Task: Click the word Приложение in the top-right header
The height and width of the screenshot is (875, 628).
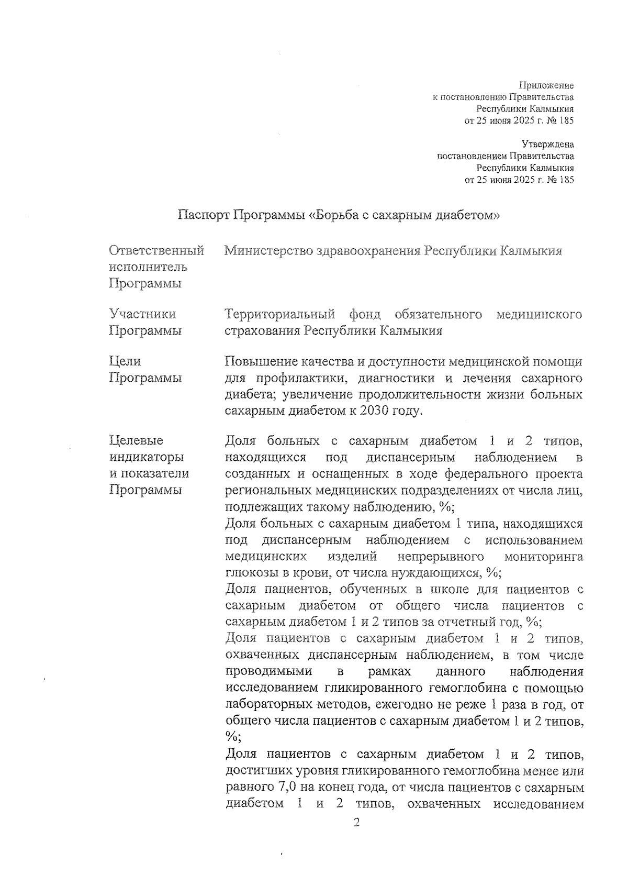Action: (546, 85)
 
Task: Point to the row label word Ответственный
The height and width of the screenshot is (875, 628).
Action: (156, 251)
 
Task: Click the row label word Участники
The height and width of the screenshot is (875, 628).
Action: (142, 314)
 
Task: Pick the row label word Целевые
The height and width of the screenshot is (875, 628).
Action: (136, 440)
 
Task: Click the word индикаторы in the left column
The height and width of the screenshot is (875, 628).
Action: (147, 457)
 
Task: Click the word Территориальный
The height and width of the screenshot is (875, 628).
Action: (279, 314)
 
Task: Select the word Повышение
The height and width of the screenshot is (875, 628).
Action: (261, 361)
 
